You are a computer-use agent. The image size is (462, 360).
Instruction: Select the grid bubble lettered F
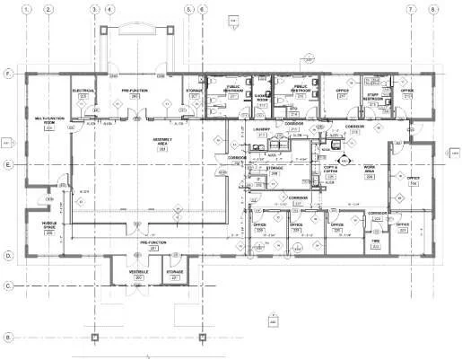pos(8,72)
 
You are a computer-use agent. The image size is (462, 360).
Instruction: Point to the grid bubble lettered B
pos(8,338)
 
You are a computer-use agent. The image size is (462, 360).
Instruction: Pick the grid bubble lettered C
pos(8,286)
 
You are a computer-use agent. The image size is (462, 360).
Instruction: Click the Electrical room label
pos(83,92)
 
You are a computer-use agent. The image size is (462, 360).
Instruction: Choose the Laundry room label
pos(261,131)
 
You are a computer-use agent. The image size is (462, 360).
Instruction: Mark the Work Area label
pos(369,169)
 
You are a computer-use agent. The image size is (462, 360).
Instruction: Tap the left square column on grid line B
pos(96,338)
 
